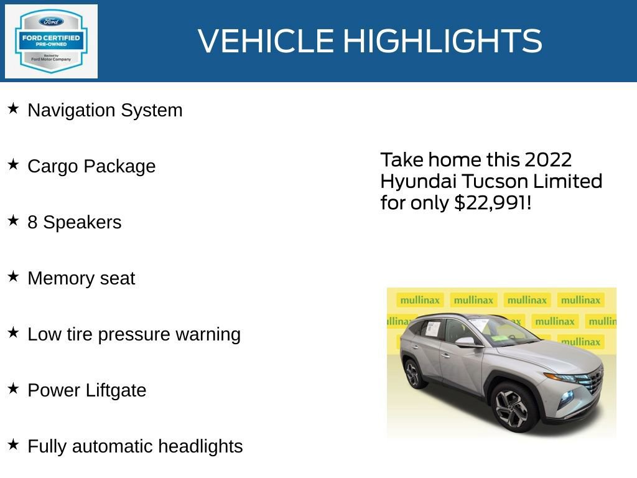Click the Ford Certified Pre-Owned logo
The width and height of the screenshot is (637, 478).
pos(51,42)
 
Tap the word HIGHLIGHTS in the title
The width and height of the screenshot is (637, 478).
pos(442,42)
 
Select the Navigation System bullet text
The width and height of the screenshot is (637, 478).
pos(105,110)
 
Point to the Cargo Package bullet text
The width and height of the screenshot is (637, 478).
pos(91,166)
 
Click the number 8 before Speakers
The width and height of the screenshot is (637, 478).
pos(32,222)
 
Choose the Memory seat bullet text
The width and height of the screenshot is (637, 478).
pos(81,278)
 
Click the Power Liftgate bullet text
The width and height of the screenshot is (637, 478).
pos(87,390)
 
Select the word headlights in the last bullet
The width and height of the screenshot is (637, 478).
pos(200,446)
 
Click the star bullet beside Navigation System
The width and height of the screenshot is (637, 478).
pos(13,109)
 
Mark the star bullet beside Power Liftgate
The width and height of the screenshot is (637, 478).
pos(13,389)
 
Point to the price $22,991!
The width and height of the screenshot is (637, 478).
pos(493,202)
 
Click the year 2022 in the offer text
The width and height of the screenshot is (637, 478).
pos(547,160)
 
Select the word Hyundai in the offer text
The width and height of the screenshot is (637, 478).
pos(417,181)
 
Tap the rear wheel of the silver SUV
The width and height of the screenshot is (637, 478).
pos(412,373)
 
